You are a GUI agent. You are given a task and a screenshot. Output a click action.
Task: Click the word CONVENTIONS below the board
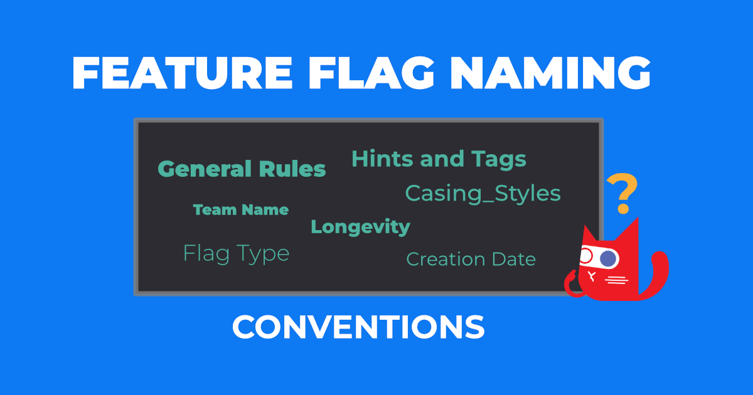[358, 327]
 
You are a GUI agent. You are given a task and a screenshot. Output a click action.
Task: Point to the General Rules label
[242, 169]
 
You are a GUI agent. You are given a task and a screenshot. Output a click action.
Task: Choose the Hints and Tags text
[439, 159]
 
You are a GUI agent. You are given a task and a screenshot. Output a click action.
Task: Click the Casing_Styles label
[483, 193]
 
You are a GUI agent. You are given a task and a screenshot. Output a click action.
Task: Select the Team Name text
[241, 210]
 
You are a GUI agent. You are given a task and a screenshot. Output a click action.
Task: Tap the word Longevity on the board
[360, 226]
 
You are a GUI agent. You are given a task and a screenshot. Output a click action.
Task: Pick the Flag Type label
[236, 253]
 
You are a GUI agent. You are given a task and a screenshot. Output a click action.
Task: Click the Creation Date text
[471, 259]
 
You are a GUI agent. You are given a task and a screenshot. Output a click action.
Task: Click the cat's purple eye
[607, 258]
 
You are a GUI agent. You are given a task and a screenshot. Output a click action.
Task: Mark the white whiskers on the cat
[617, 280]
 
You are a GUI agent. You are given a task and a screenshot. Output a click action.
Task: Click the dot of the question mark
[622, 209]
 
